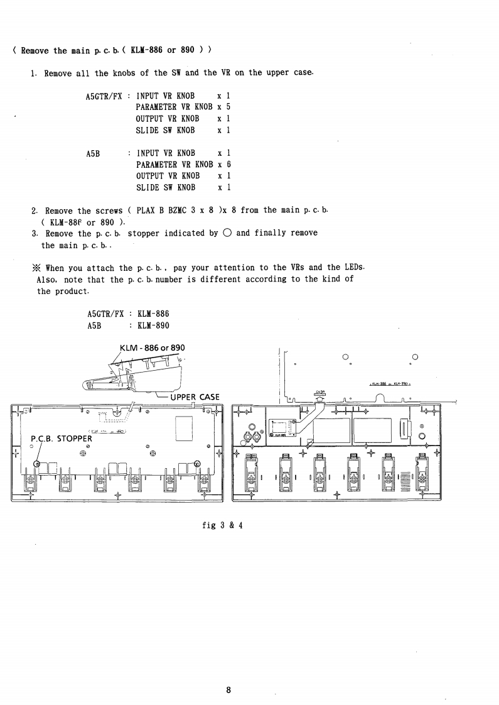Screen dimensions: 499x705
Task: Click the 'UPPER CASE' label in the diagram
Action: (195, 397)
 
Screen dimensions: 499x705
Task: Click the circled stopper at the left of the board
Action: (37, 464)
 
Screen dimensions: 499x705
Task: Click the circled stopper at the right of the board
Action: (198, 464)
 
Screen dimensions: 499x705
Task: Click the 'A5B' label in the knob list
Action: (94, 153)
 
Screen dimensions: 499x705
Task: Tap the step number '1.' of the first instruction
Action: (34, 74)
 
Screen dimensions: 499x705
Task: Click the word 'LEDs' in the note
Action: (353, 268)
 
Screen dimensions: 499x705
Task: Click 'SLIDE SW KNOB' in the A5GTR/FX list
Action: (168, 130)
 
